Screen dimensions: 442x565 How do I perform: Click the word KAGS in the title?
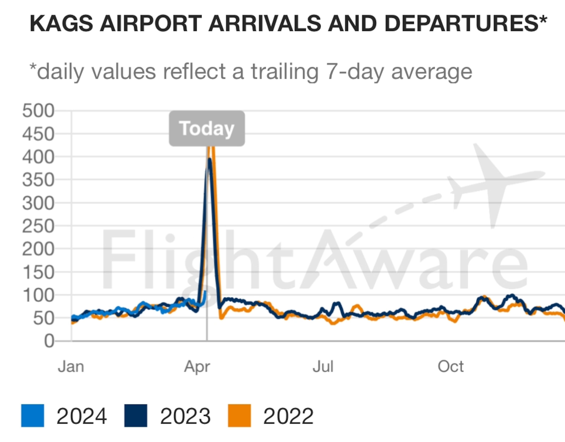point(61,24)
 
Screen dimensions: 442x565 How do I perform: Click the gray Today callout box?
point(207,128)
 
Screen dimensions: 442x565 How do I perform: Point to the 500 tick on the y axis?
point(38,111)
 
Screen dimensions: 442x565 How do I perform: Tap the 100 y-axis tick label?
point(38,296)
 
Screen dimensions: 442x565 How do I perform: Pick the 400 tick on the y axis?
point(38,157)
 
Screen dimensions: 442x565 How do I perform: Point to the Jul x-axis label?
point(323,367)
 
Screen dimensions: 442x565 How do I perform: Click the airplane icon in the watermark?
point(492,184)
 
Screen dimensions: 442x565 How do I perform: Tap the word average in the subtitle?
point(432,72)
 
